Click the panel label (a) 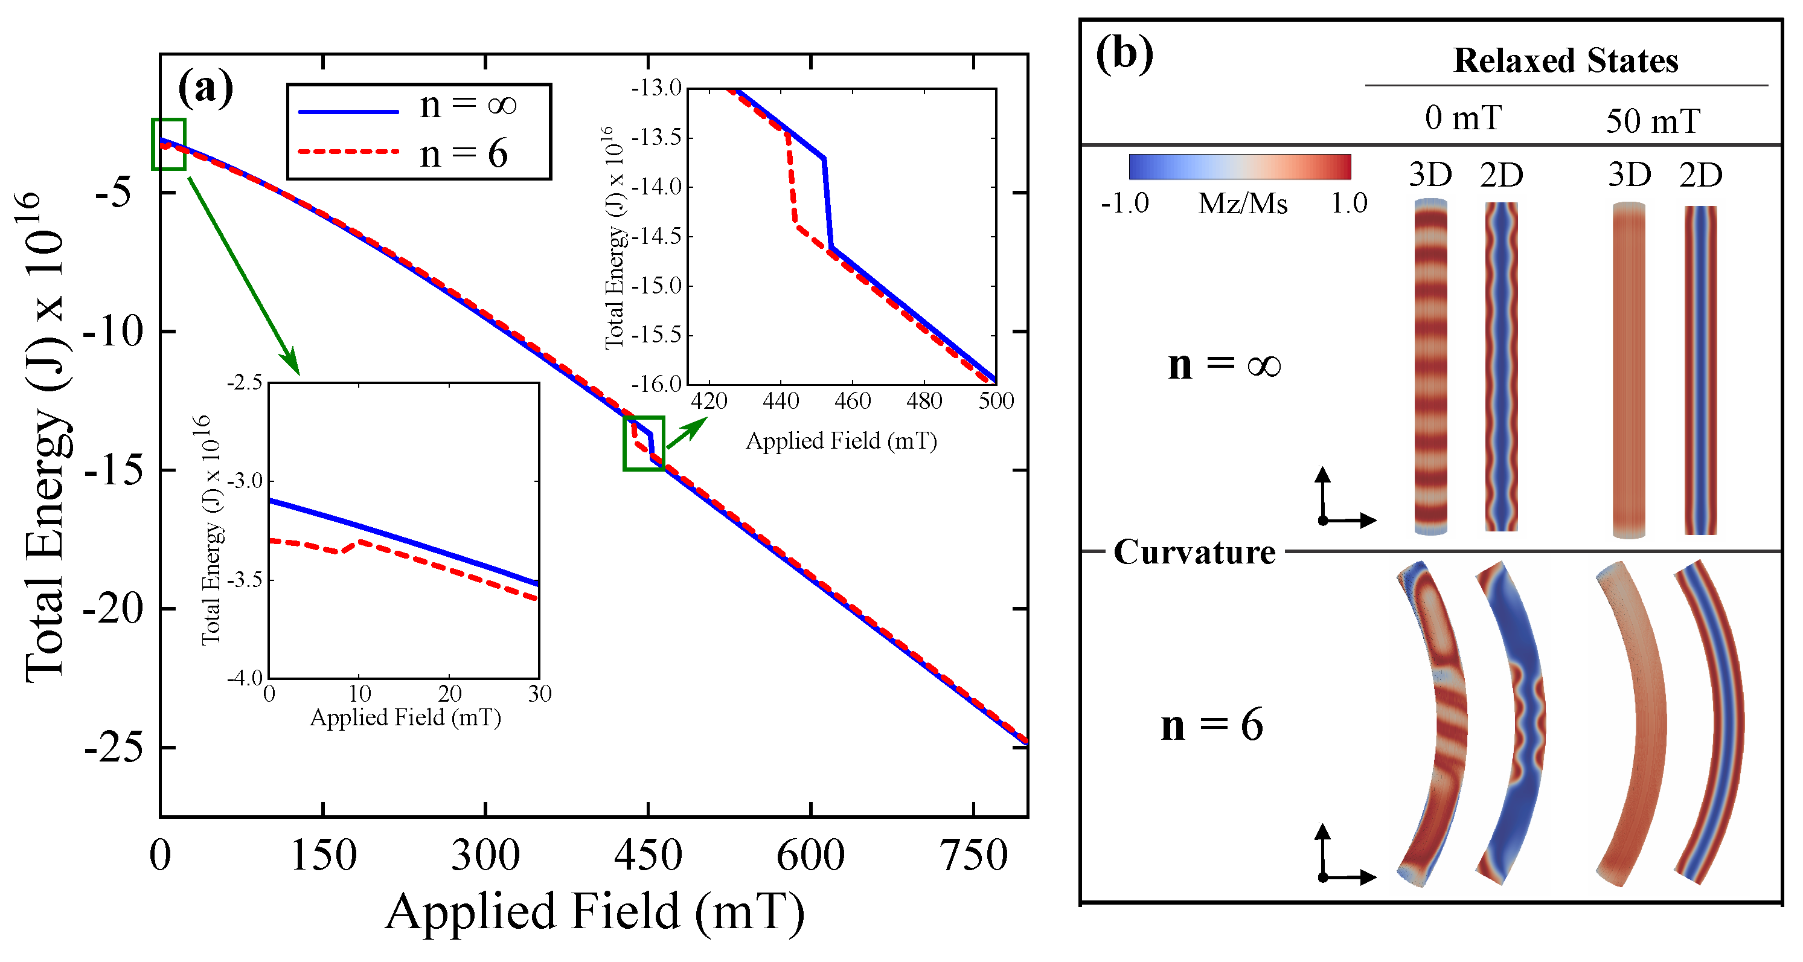pos(205,89)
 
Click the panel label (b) pos(1124,54)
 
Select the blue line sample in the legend pos(348,111)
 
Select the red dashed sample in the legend pos(348,151)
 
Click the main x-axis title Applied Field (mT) pos(594,912)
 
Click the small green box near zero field pos(168,144)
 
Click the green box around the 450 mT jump pos(643,443)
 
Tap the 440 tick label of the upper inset pos(780,401)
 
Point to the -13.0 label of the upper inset pos(656,88)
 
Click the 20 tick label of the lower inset pos(449,694)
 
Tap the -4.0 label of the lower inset pos(245,677)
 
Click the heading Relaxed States pos(1565,61)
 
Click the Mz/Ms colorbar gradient pos(1239,167)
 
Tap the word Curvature pos(1194,553)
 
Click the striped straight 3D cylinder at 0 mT pos(1430,368)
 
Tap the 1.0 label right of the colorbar pos(1348,204)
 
